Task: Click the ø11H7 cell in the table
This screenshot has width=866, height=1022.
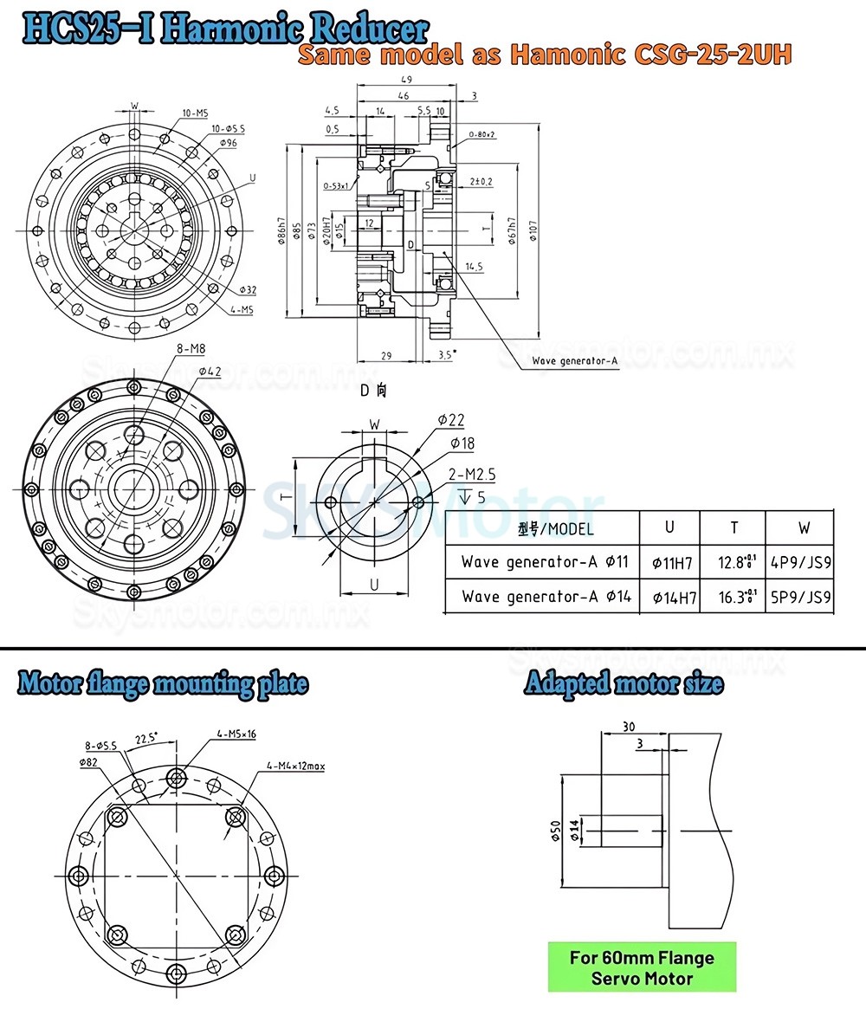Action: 672,563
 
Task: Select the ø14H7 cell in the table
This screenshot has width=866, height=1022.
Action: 672,597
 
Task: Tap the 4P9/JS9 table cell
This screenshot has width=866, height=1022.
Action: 801,563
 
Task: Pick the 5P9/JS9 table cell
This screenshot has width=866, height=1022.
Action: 801,597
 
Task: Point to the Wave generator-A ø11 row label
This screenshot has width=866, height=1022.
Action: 541,563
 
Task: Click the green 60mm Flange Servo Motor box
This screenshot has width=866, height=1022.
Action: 642,967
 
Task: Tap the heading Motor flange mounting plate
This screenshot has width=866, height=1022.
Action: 163,683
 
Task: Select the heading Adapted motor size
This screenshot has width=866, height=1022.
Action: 624,683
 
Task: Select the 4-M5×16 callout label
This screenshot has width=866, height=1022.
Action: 236,734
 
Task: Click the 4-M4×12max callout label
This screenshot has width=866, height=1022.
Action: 295,766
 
